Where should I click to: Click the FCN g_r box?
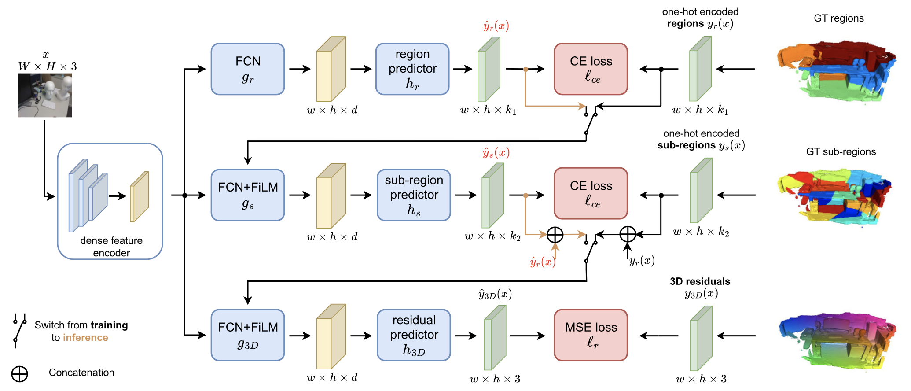tap(248, 69)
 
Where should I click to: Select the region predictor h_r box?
tap(412, 69)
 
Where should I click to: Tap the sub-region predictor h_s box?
tap(414, 195)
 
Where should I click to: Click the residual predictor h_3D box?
tap(414, 335)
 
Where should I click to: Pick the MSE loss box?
tap(591, 335)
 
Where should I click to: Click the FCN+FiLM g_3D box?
tap(248, 335)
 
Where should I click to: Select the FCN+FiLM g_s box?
tap(248, 195)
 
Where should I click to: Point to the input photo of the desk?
tap(44, 95)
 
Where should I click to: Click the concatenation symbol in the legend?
tap(19, 374)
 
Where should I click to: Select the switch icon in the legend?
tap(19, 330)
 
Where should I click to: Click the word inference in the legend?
tap(85, 338)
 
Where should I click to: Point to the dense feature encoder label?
tap(111, 247)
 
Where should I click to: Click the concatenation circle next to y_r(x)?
tap(628, 234)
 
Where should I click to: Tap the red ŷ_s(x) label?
tap(496, 153)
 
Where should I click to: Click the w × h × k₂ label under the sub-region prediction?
tap(492, 236)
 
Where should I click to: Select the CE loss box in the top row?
tap(591, 69)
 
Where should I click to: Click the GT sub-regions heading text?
tap(841, 152)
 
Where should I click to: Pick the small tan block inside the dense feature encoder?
tap(139, 197)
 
